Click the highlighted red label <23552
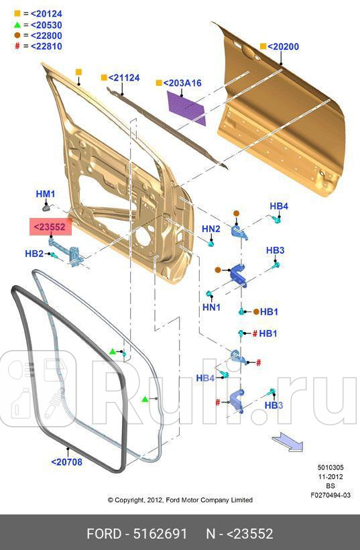(50, 227)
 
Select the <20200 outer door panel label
(283, 47)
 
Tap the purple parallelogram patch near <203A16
(186, 106)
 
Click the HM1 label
(45, 194)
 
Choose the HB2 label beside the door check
(34, 254)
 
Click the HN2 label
(211, 229)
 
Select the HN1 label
(211, 307)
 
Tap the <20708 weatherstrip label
(66, 461)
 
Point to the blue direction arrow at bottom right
(287, 443)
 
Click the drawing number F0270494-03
(331, 494)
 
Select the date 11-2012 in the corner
(331, 477)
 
